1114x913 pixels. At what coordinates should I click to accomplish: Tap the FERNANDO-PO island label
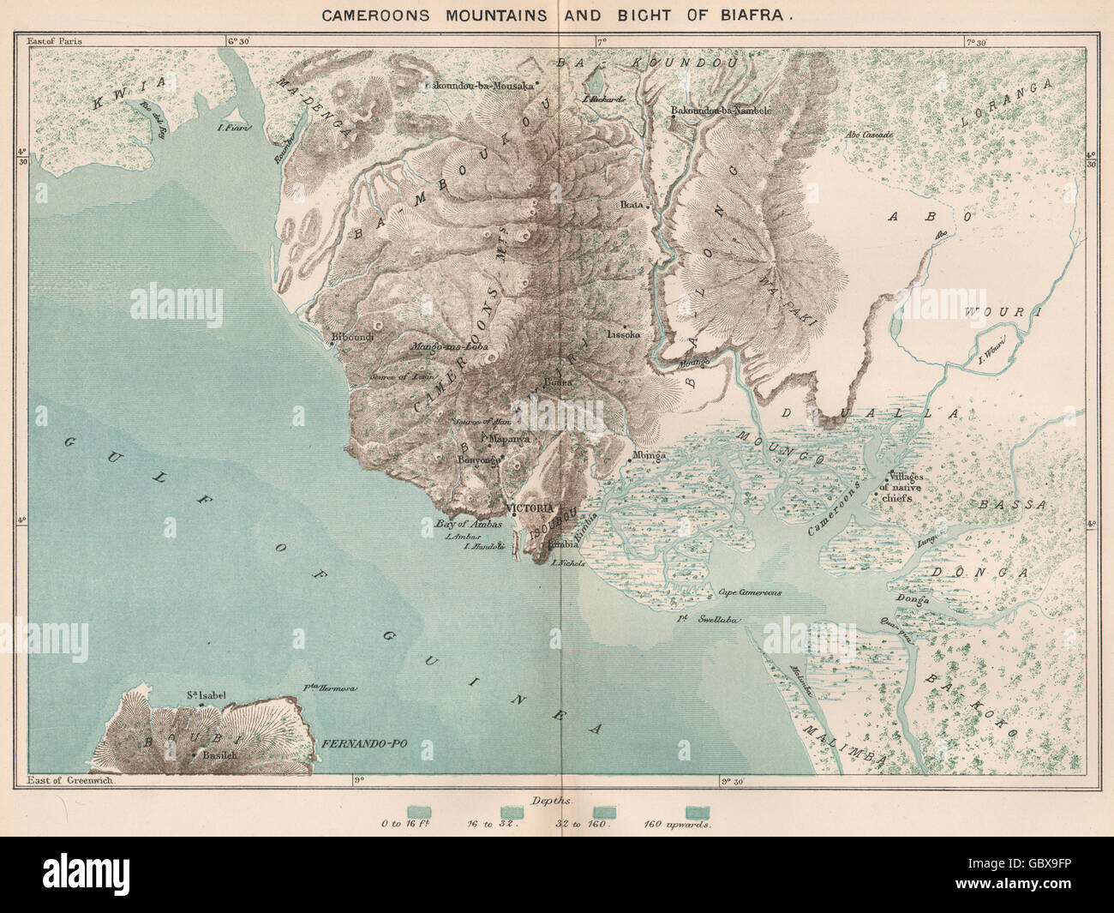362,745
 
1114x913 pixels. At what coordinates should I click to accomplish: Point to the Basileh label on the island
219,756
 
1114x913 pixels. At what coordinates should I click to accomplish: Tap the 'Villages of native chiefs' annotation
913,487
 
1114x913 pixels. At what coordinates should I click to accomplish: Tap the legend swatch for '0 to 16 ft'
419,810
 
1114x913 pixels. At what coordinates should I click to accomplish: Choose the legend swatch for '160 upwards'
697,810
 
